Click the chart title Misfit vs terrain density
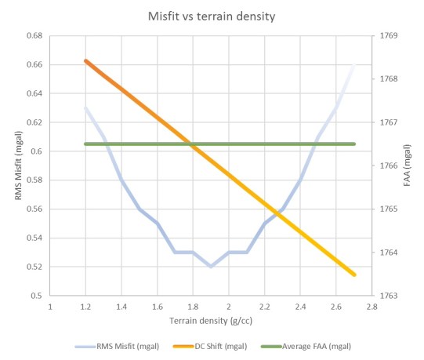(x=212, y=16)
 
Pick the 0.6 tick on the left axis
(x=36, y=151)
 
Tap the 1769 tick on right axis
(x=390, y=36)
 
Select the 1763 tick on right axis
(x=390, y=296)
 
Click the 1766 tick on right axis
(x=390, y=166)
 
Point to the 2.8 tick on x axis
(x=371, y=307)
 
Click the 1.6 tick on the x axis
(x=157, y=307)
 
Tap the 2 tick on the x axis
(x=228, y=307)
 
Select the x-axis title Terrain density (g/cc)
(x=210, y=321)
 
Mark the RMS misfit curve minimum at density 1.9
(x=211, y=267)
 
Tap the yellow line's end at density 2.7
(x=354, y=275)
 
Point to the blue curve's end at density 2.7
(x=354, y=65)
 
